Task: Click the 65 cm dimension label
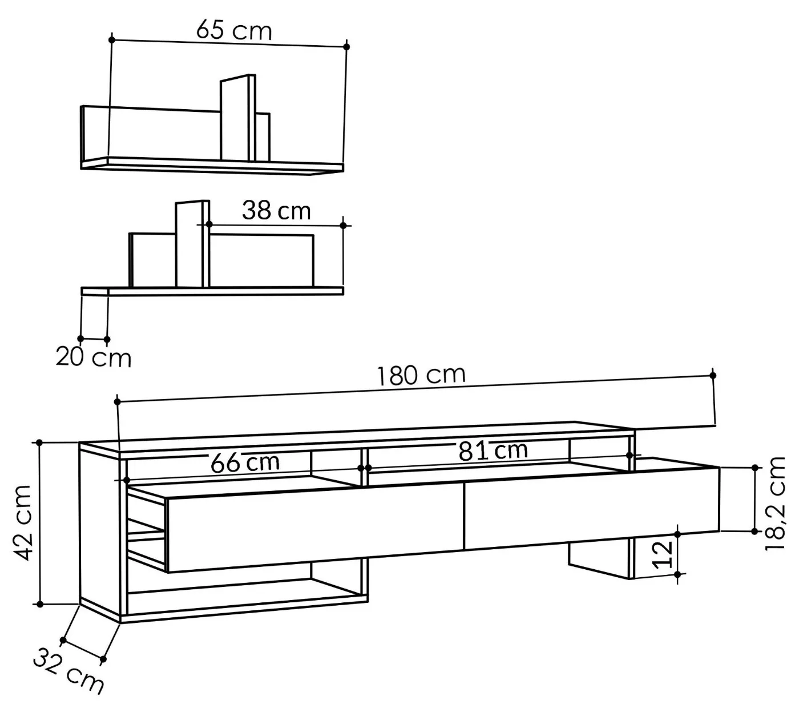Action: click(234, 30)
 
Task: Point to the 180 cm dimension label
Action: click(421, 375)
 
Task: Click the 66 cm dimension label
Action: click(245, 462)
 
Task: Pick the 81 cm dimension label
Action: click(493, 450)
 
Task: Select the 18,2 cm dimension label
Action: click(775, 503)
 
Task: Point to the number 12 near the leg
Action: click(662, 554)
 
